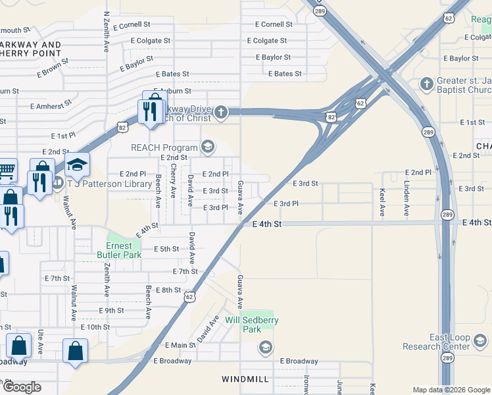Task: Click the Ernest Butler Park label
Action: point(119,250)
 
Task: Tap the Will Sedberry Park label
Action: point(252,325)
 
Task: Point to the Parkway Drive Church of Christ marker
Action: point(221,113)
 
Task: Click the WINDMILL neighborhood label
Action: point(245,380)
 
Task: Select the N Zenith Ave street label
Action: point(107,32)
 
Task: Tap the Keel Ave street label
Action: point(382,202)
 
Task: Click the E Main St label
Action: point(176,345)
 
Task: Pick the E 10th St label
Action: point(95,327)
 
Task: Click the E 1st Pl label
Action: point(64,136)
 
